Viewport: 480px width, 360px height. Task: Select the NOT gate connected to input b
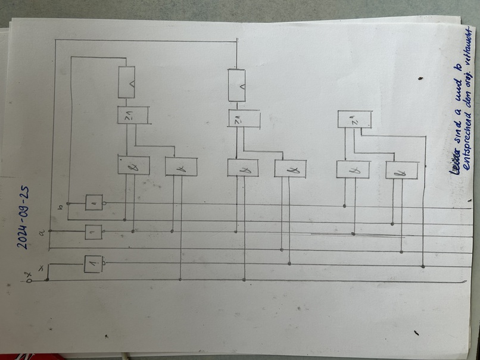[94, 203]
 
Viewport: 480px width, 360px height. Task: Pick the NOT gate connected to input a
[93, 231]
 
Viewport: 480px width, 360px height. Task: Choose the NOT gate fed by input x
[93, 262]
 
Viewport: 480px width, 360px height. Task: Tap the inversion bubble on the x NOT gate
[104, 262]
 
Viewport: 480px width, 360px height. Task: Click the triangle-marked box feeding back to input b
[128, 83]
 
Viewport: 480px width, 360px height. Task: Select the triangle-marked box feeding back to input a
[238, 85]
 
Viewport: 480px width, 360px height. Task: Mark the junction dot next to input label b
[67, 204]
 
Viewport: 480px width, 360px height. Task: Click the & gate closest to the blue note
[401, 171]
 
